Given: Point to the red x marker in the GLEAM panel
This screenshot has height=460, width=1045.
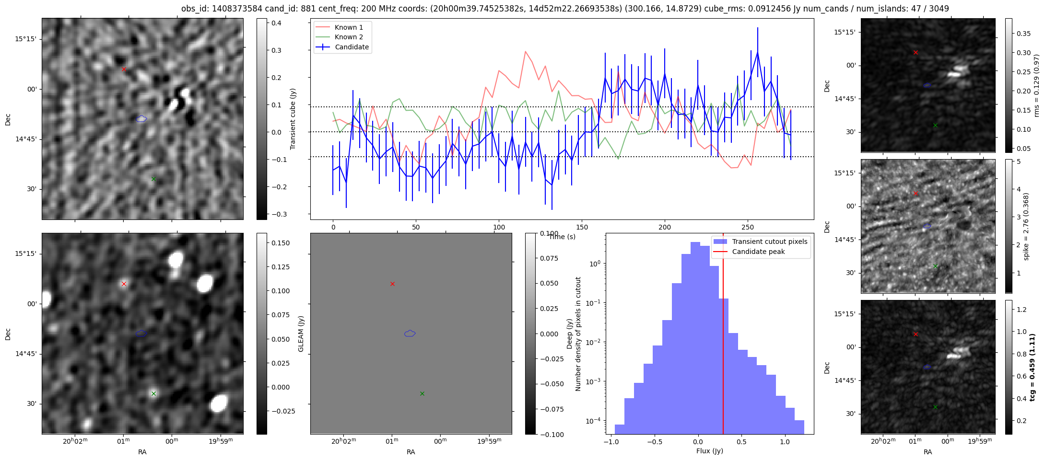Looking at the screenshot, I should click(392, 284).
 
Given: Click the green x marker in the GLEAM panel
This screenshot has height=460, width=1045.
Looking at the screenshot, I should click(422, 393).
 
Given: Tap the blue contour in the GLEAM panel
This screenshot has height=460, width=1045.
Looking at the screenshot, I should click(410, 333).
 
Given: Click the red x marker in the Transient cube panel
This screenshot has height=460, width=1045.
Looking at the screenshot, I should click(124, 69).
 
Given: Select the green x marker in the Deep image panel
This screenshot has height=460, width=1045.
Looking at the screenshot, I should click(153, 393).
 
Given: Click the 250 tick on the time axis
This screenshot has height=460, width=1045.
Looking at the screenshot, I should click(748, 227).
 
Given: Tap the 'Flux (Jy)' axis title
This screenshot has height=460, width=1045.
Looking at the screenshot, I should click(709, 451).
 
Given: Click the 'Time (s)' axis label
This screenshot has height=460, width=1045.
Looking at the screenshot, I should click(562, 237).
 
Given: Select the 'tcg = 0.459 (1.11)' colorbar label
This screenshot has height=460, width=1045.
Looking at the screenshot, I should click(1032, 367).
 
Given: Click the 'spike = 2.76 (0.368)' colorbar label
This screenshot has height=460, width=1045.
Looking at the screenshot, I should click(1026, 226).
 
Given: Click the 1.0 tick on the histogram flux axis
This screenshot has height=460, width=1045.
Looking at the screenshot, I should click(785, 442).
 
